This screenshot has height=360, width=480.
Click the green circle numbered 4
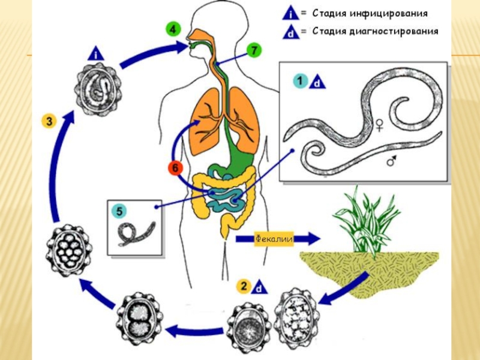[x=173, y=29]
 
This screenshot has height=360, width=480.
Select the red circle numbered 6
[x=173, y=169]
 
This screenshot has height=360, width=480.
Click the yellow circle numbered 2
[x=244, y=286]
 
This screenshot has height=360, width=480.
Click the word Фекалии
[x=274, y=239]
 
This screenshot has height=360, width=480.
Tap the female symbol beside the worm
[x=380, y=125]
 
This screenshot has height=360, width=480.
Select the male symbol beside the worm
[x=392, y=161]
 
